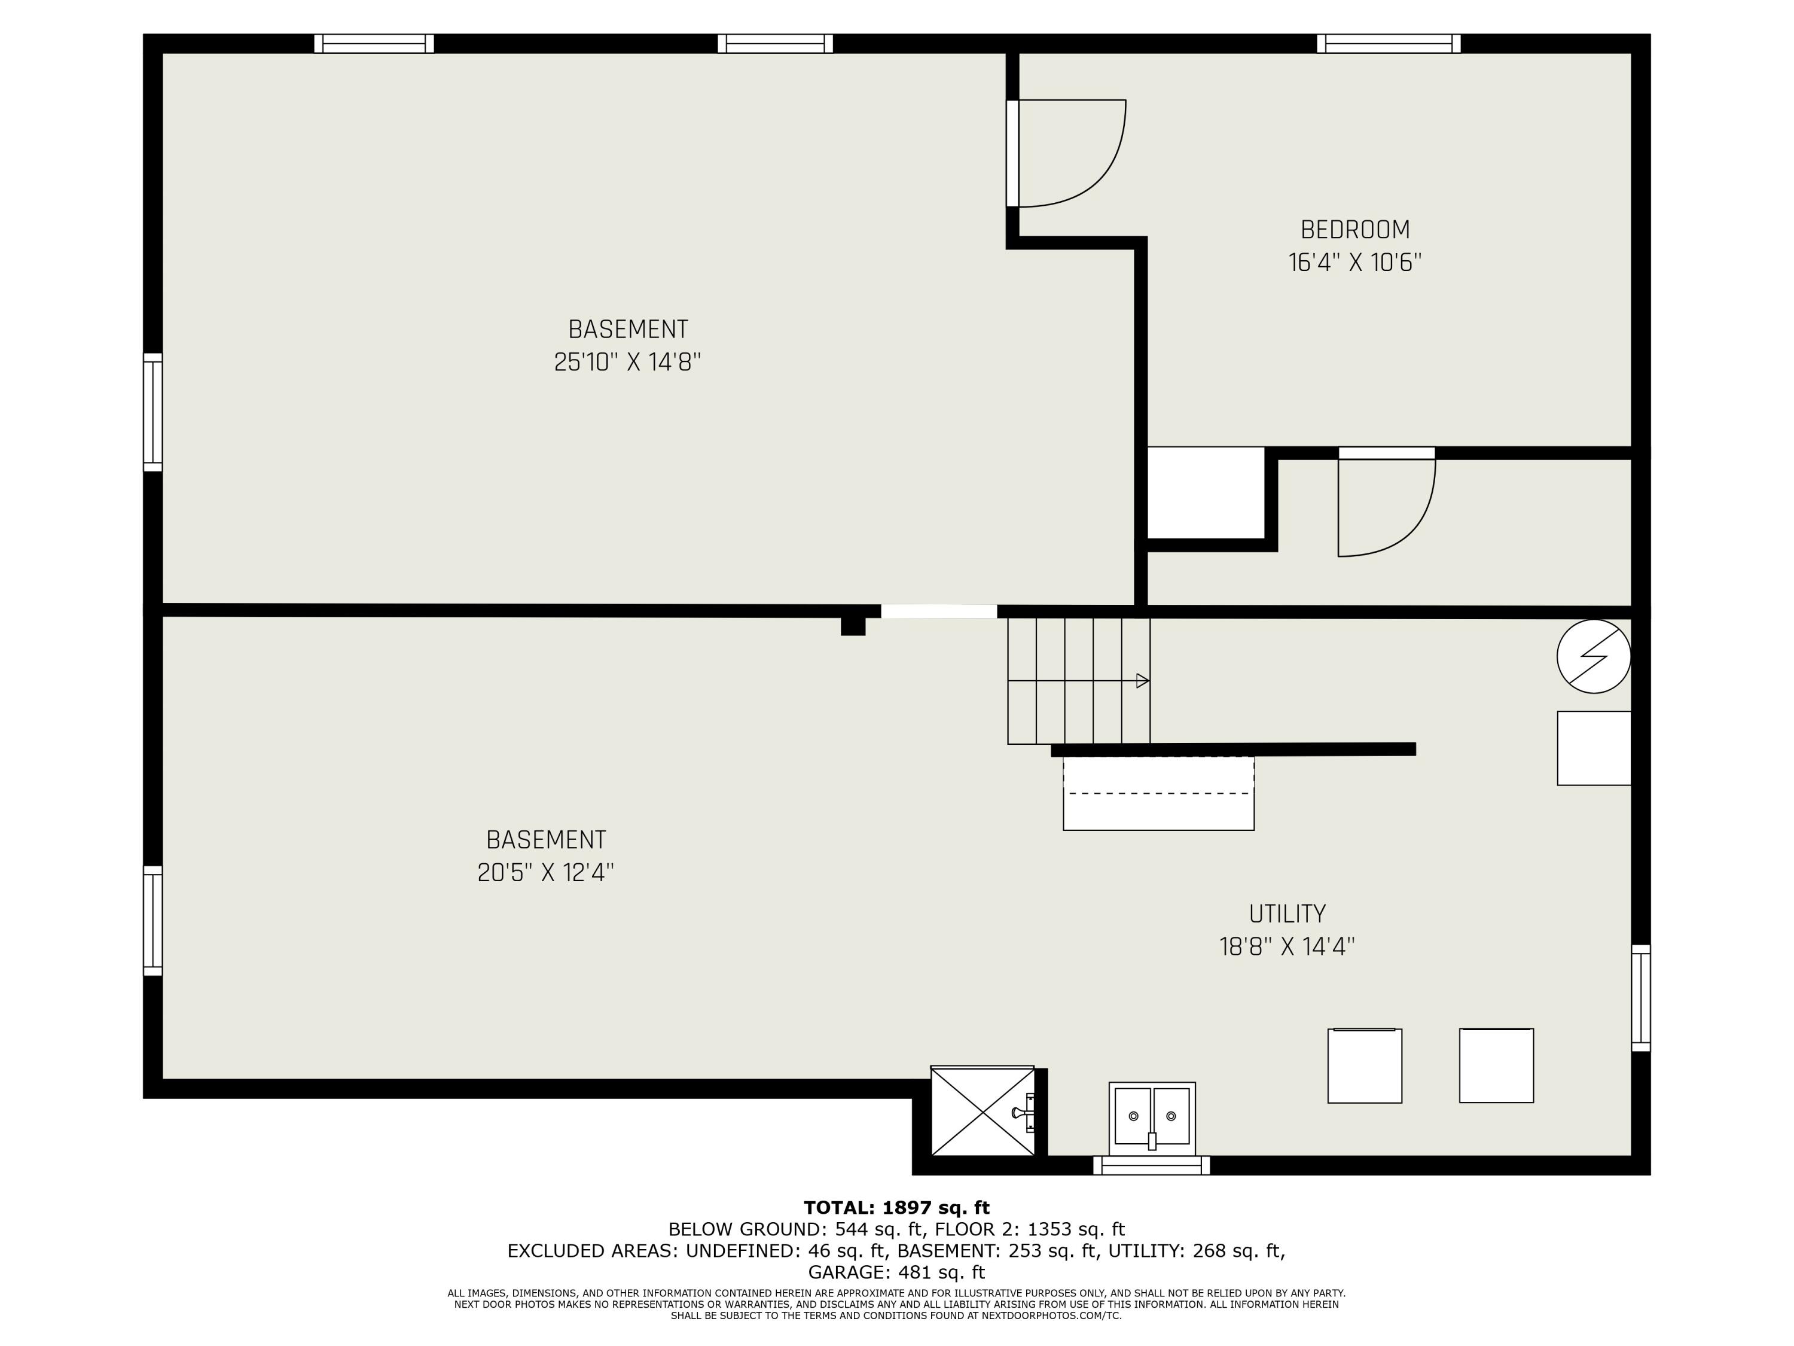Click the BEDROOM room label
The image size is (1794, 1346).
point(1355,230)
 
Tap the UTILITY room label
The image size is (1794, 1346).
point(1287,913)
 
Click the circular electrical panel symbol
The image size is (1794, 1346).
point(1594,656)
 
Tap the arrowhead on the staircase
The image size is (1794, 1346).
point(1143,681)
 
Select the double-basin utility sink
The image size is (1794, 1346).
point(1152,1117)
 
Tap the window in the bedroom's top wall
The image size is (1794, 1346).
point(1389,43)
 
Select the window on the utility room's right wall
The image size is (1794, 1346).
point(1641,997)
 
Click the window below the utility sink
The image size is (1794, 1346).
point(1152,1165)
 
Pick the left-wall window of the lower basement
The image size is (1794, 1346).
point(152,920)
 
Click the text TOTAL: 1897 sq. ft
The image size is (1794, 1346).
point(896,1207)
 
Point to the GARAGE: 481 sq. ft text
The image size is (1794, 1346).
point(896,1272)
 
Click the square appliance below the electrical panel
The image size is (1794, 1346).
point(1594,748)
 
